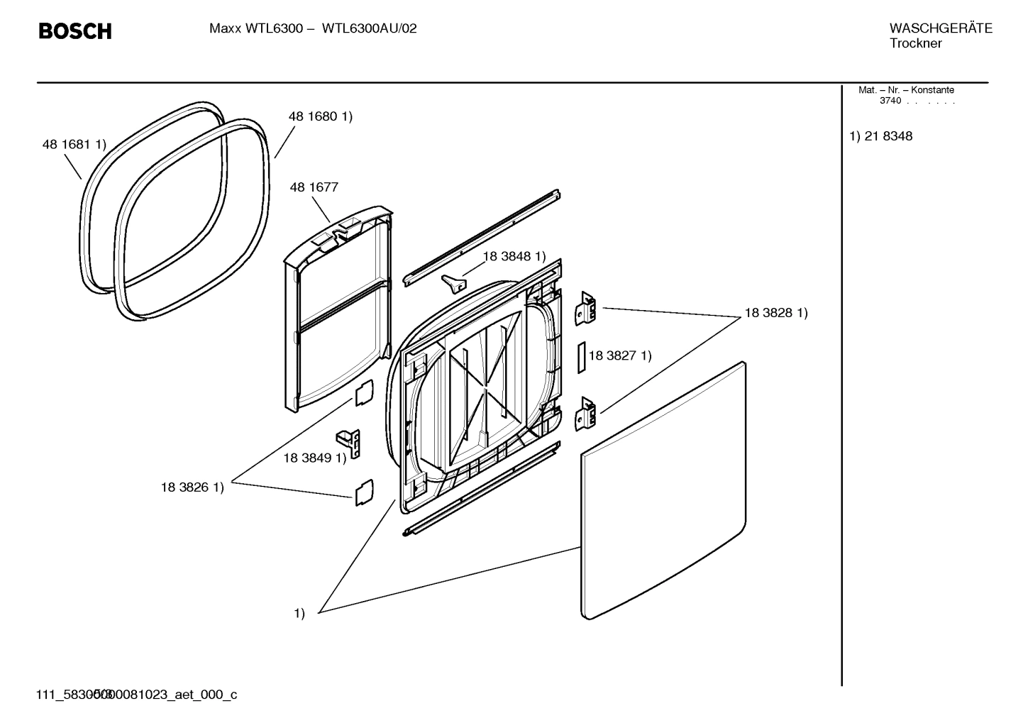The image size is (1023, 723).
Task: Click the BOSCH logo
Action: point(74,31)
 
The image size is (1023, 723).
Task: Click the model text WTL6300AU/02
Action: point(369,29)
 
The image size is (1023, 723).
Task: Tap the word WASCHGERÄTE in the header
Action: point(940,28)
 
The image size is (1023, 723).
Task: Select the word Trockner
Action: point(915,43)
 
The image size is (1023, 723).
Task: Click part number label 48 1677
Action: point(314,187)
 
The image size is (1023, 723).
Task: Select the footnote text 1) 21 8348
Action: point(881,136)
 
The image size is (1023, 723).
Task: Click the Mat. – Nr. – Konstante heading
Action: point(906,90)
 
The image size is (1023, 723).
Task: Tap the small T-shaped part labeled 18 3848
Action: point(453,282)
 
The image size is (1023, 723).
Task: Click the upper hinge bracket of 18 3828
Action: point(586,309)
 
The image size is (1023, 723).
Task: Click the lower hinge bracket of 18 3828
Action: point(586,414)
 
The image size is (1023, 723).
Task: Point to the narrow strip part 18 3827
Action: point(580,357)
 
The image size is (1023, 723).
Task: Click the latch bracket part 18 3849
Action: point(350,443)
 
